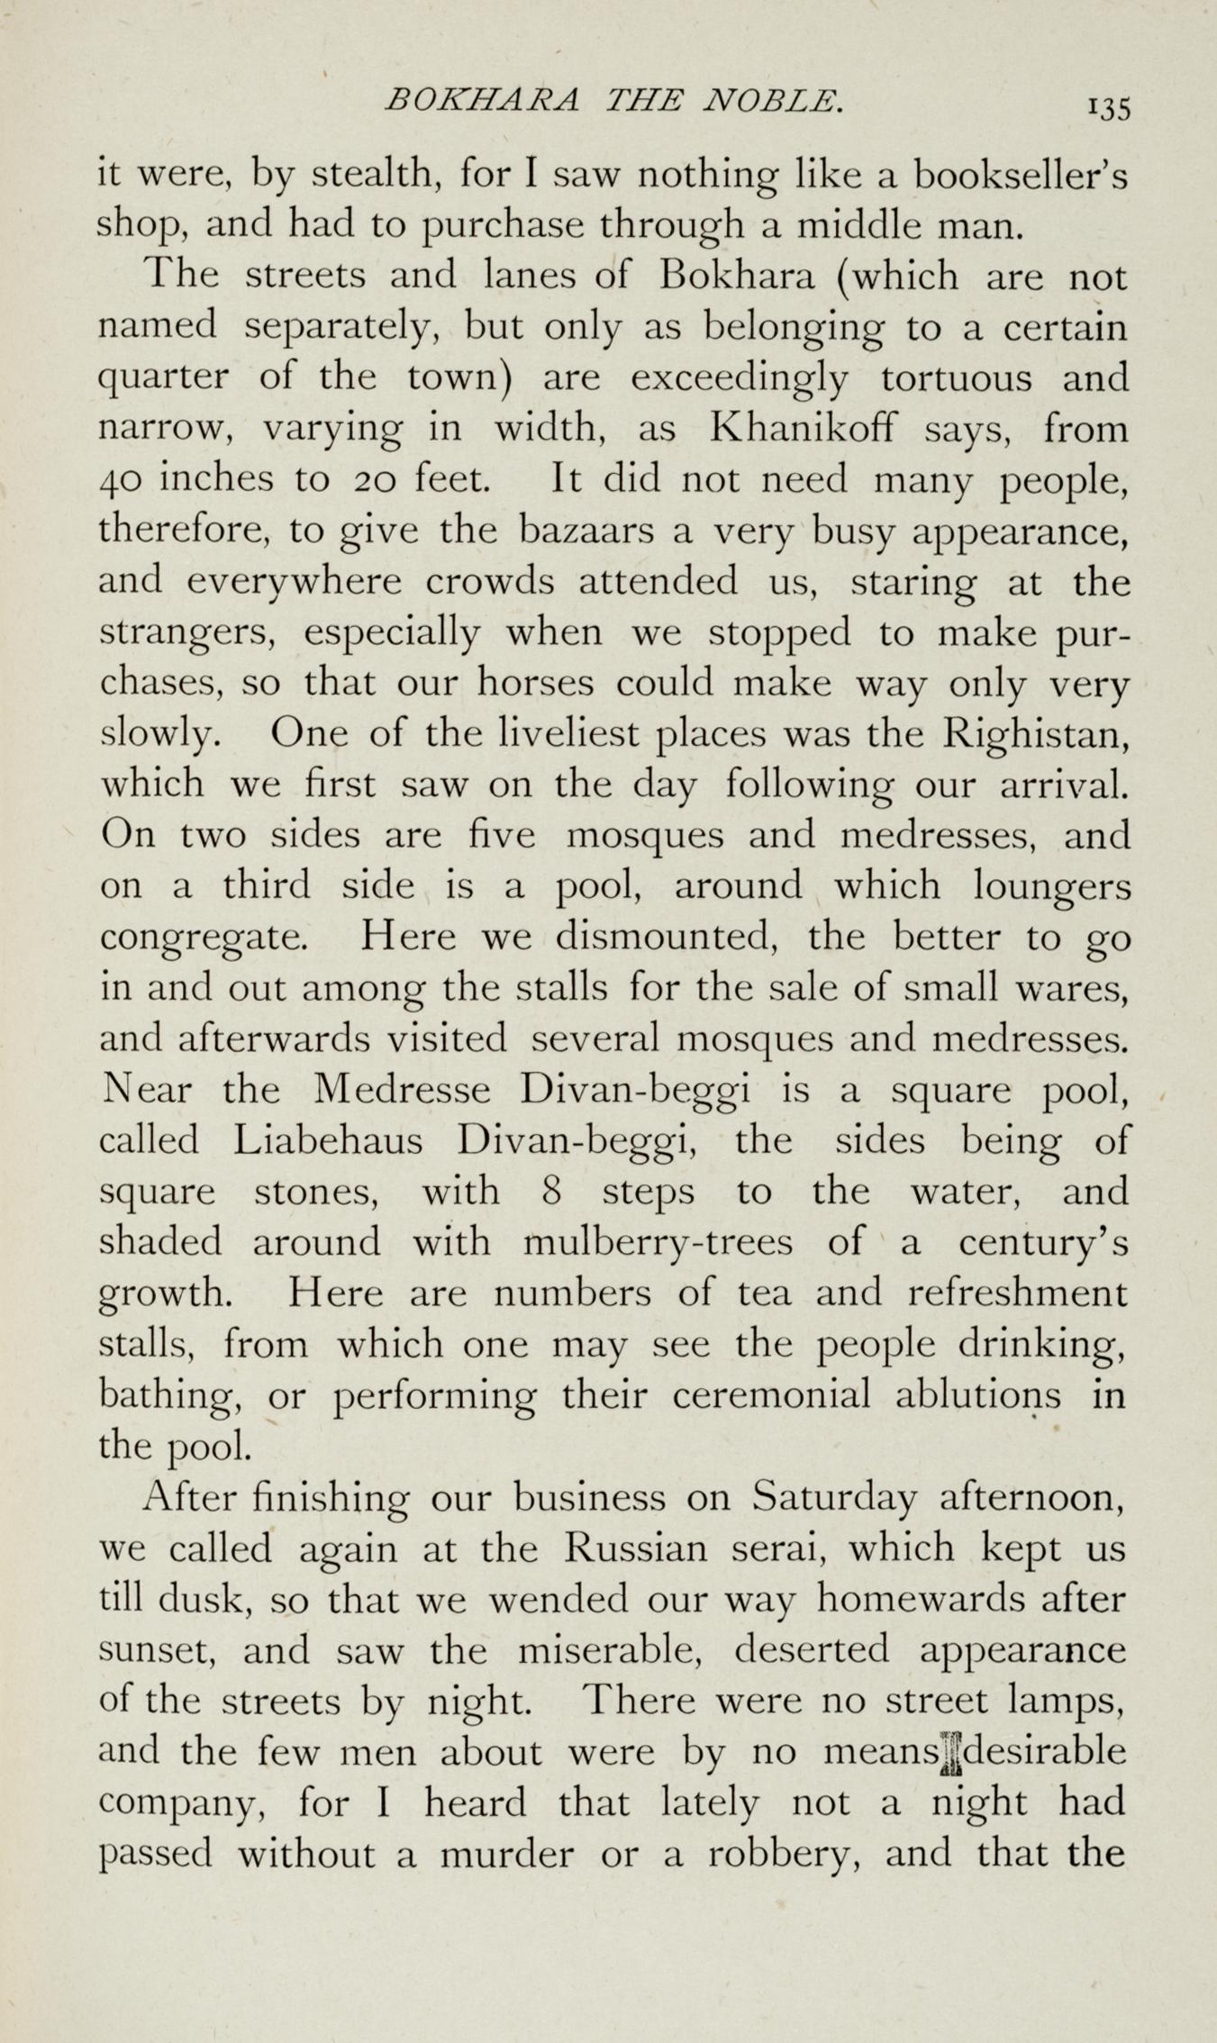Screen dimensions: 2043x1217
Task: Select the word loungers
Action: click(1051, 887)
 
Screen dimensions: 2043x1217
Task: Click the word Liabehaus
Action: click(327, 1140)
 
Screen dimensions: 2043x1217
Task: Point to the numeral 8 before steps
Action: click(553, 1192)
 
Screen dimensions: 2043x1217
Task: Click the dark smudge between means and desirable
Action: click(950, 1753)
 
